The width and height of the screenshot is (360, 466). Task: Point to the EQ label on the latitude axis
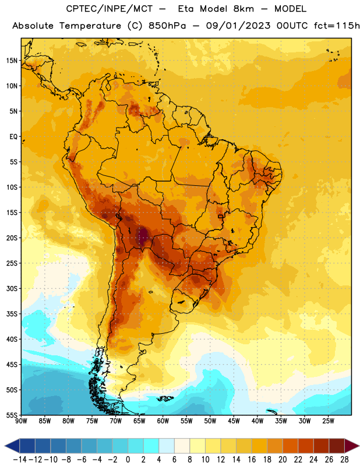13,137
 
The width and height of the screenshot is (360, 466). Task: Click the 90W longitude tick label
21,421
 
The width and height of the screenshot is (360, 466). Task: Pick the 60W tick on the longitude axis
163,421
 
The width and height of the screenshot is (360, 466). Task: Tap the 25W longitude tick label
328,421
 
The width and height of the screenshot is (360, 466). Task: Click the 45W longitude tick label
234,421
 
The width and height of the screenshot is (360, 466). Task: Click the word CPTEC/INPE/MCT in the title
109,9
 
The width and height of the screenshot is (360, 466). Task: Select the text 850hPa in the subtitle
167,26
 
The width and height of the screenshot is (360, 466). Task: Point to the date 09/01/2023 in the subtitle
238,26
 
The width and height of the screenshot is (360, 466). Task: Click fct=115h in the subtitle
337,26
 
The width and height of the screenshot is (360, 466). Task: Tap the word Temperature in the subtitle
90,26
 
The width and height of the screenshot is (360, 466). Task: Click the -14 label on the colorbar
20,460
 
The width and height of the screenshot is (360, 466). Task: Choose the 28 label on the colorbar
344,460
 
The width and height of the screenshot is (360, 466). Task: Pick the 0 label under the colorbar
128,460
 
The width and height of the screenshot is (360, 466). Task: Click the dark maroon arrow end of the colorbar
351,446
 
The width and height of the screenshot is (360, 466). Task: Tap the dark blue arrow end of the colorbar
12,446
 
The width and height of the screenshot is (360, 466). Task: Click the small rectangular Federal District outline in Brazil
220,216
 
